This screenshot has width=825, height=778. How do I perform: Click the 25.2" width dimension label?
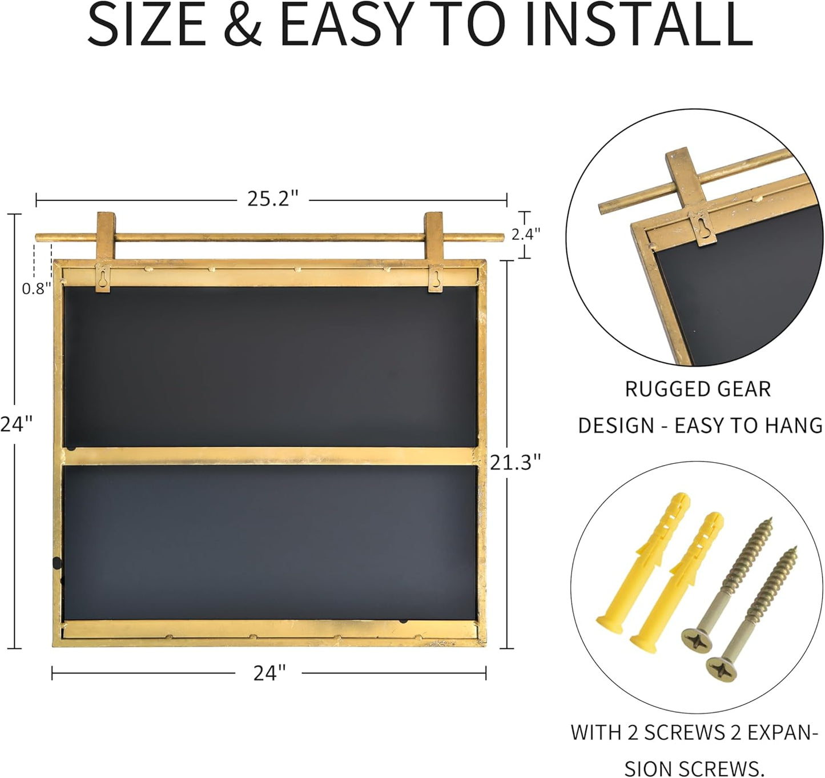[272, 199]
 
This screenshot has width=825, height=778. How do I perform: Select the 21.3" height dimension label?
[515, 462]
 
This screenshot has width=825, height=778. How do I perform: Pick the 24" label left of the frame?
[16, 424]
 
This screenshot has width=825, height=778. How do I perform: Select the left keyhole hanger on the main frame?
[103, 279]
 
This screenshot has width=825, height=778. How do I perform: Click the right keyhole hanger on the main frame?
[436, 279]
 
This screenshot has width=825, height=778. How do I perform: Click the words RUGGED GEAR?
[698, 389]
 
